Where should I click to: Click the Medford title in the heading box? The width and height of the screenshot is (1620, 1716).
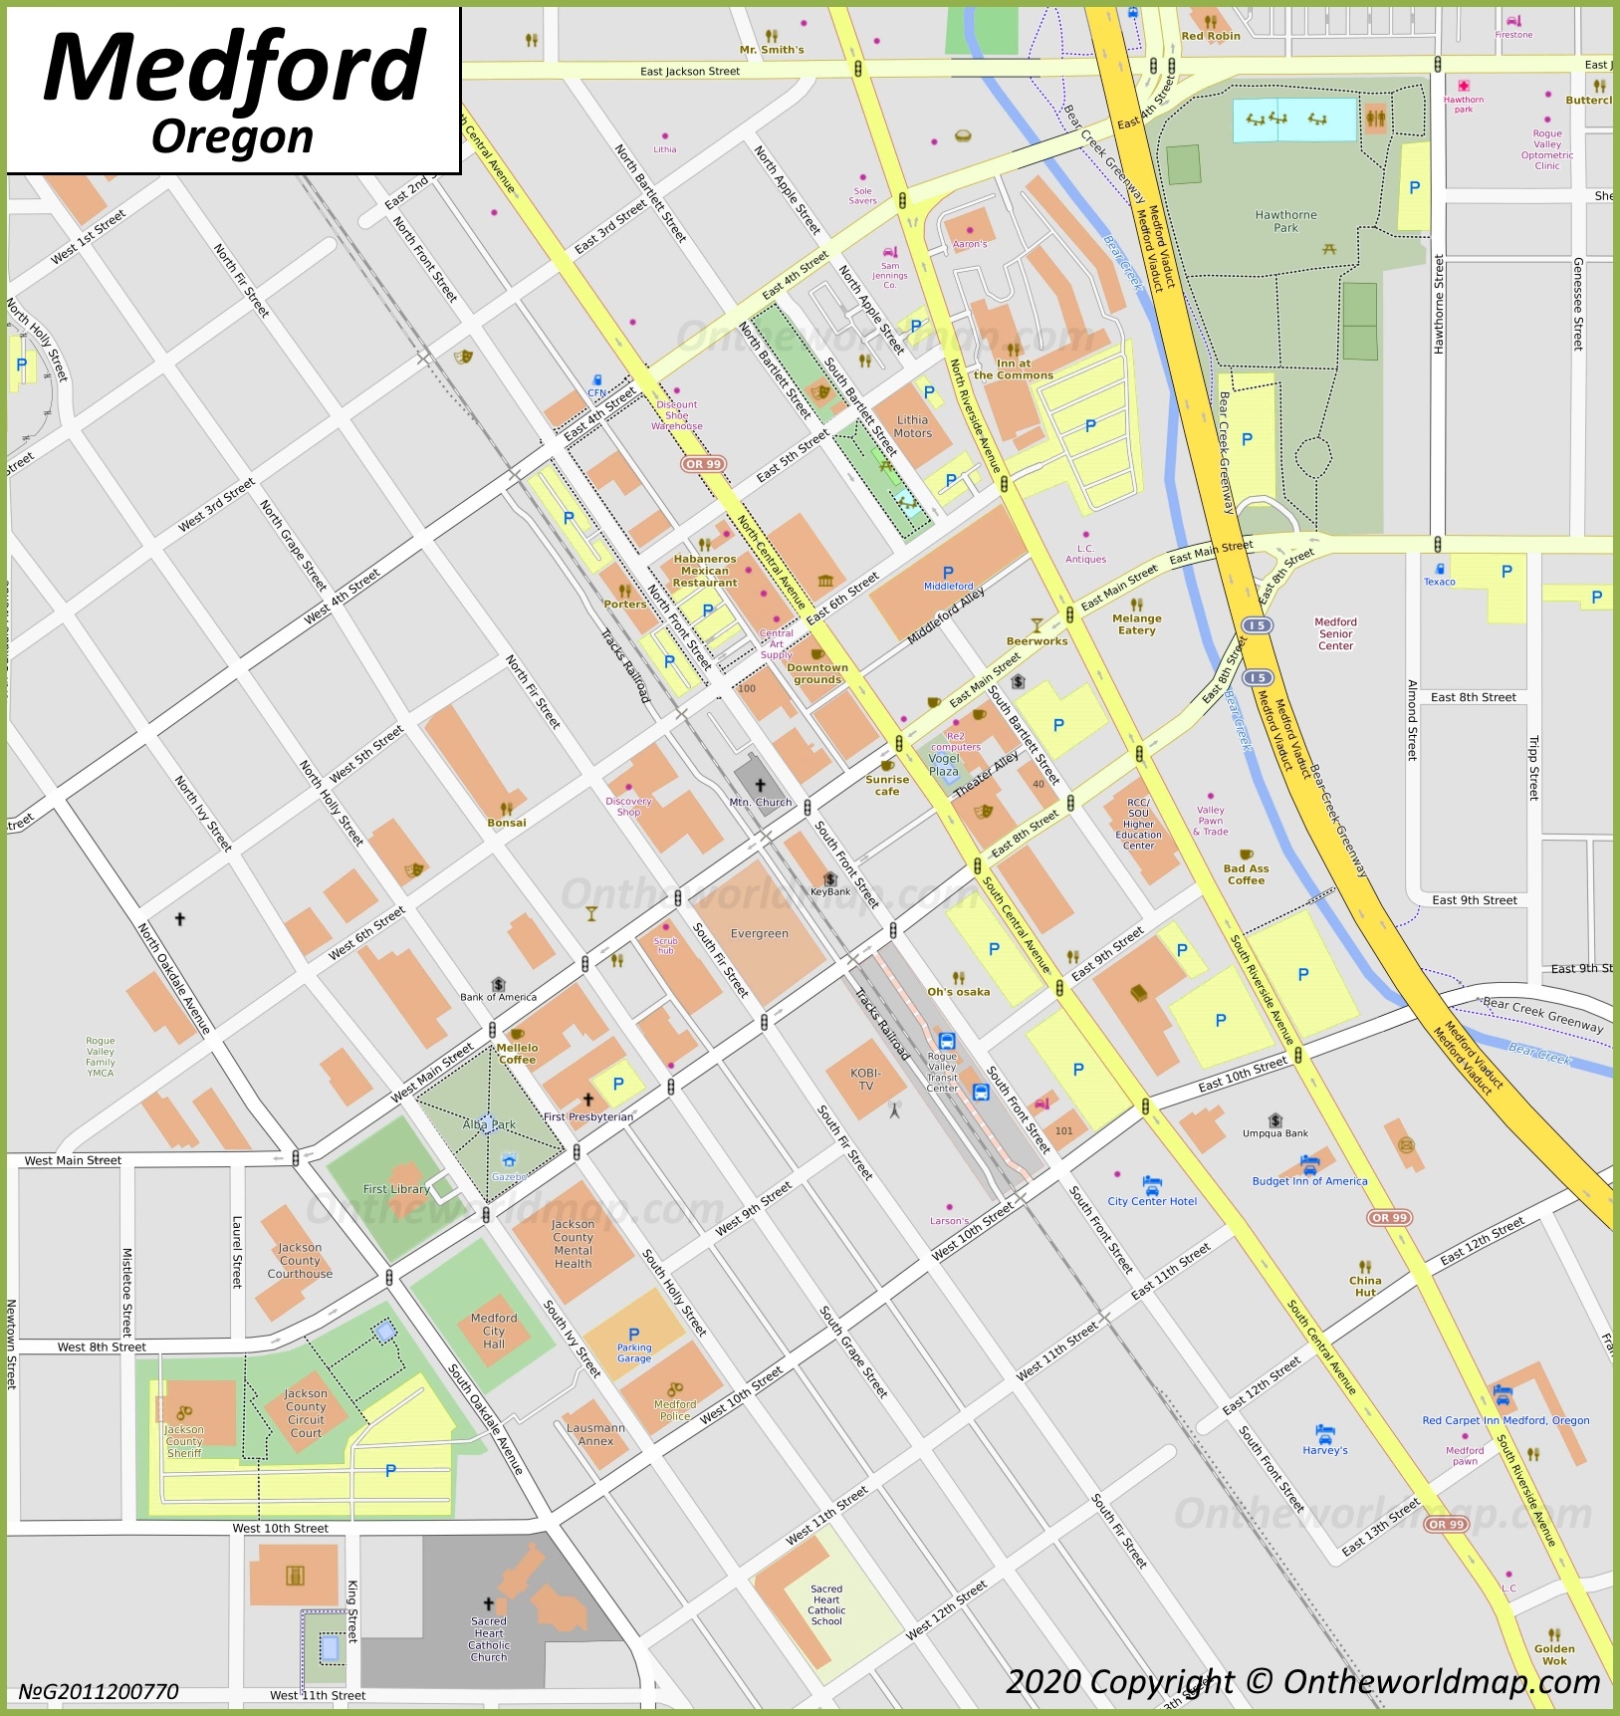235,68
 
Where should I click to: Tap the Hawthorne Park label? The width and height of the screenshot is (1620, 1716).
1285,221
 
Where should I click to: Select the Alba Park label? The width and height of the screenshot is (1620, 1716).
489,1124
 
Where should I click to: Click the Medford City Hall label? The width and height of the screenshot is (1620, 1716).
494,1331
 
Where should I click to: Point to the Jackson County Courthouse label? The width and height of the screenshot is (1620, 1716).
300,1260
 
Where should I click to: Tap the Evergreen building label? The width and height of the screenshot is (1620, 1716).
759,934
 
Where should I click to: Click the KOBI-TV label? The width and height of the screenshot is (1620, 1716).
865,1080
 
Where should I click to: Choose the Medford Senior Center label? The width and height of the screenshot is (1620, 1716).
1335,633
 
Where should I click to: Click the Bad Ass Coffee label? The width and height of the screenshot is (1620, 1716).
1246,874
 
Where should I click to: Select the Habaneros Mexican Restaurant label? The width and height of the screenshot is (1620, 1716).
705,571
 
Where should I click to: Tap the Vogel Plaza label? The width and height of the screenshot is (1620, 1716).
944,765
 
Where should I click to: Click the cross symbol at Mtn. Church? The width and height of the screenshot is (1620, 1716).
760,785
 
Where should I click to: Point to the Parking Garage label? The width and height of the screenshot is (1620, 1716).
633,1352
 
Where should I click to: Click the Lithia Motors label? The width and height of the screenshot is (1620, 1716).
912,426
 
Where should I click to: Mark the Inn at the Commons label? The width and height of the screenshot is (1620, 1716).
1013,369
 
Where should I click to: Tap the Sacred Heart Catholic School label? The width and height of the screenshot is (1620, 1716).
826,1604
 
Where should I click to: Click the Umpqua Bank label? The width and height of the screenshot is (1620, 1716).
1275,1133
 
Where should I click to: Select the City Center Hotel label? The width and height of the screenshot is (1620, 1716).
1152,1201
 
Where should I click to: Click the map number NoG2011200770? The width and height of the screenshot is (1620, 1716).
99,1691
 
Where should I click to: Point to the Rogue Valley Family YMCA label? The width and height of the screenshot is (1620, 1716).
100,1057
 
